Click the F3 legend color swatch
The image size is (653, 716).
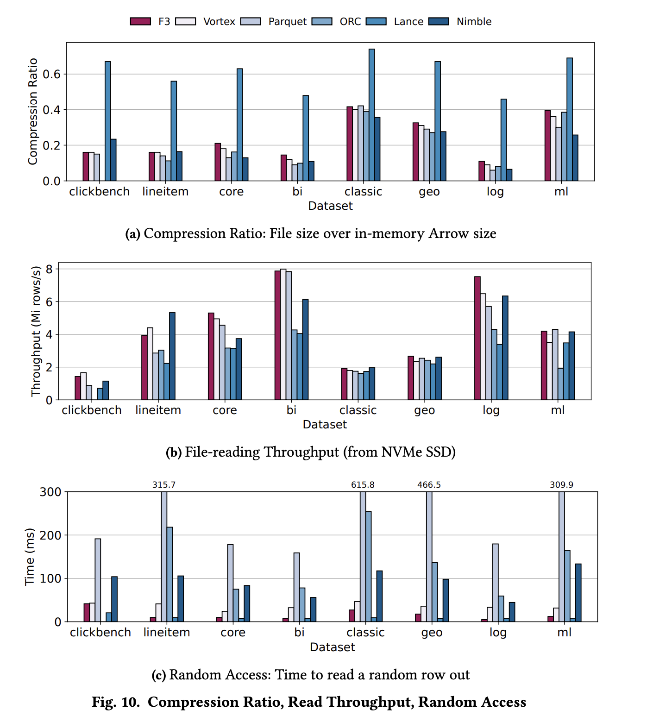(x=140, y=21)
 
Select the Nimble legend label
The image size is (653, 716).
(x=474, y=21)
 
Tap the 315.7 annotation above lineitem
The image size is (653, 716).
(x=164, y=485)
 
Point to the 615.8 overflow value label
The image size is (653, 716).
(x=363, y=485)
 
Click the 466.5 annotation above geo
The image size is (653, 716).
(x=429, y=485)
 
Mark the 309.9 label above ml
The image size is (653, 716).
(x=561, y=485)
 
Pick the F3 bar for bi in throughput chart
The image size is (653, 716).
(x=277, y=335)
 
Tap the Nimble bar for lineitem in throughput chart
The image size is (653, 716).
(x=172, y=356)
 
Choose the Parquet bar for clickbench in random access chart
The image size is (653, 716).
(x=98, y=580)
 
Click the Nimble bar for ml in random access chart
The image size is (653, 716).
(x=578, y=593)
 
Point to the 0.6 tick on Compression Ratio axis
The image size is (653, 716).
(x=51, y=74)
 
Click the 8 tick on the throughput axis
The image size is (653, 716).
(x=49, y=269)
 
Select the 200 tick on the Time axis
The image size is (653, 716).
(x=50, y=535)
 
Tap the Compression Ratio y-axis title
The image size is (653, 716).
(x=32, y=111)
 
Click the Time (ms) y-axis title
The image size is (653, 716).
(x=30, y=557)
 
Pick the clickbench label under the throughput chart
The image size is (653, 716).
(x=92, y=410)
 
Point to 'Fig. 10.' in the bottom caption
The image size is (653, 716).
(x=116, y=702)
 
